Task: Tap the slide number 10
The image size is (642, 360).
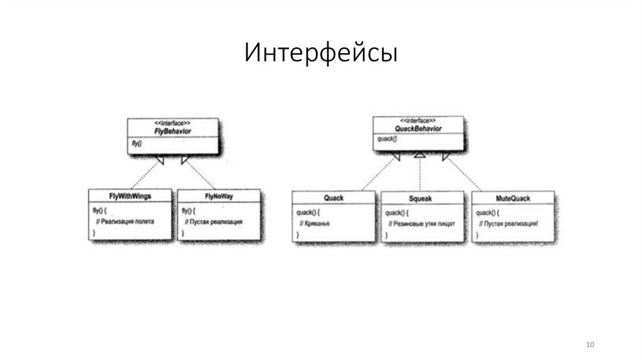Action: pos(589,346)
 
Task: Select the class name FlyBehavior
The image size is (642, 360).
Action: pos(172,131)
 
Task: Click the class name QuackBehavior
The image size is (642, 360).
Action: pos(419,129)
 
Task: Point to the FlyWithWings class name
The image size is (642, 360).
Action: pos(130,196)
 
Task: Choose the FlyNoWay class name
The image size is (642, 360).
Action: pos(219,197)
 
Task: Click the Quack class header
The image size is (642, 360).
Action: pos(334,198)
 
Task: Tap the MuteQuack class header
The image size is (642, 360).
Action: pos(512,198)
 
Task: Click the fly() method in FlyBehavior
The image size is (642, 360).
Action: pos(137,144)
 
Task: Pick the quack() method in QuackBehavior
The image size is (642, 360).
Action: pos(387,139)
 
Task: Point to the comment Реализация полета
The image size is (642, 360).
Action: pos(125,221)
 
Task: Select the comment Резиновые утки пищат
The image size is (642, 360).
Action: pos(421,223)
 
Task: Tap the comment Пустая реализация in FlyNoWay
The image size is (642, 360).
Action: pos(214,222)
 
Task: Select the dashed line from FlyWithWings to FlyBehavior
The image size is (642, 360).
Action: pos(142,176)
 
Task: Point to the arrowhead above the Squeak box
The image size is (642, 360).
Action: pos(420,154)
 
